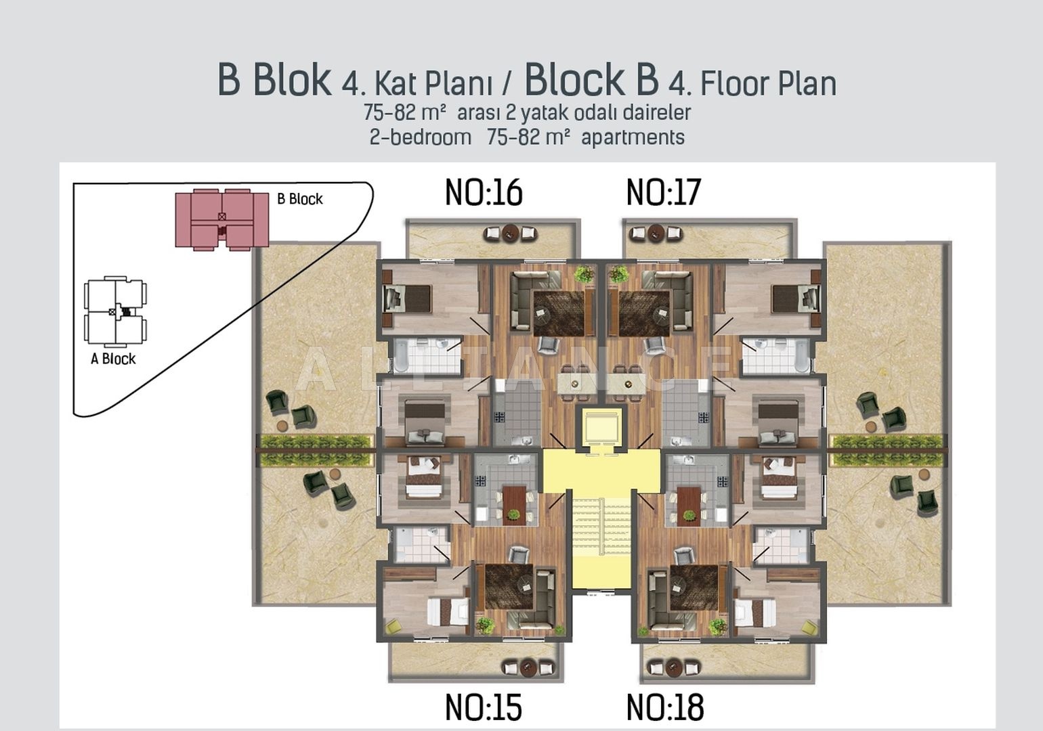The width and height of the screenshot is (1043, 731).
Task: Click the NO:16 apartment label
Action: (x=484, y=193)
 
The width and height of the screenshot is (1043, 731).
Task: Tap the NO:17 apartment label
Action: (x=664, y=193)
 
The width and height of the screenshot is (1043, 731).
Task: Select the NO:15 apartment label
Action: (x=484, y=707)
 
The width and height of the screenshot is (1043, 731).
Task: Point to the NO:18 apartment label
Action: (x=665, y=707)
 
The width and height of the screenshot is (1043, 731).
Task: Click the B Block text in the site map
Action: (x=300, y=199)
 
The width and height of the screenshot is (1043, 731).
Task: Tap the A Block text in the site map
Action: (x=113, y=359)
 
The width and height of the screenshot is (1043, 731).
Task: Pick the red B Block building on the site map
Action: (x=221, y=219)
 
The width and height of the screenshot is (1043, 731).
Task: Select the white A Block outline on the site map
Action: (x=115, y=311)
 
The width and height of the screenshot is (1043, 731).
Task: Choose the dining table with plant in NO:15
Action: (x=514, y=506)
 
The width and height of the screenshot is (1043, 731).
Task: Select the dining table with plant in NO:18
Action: (x=689, y=506)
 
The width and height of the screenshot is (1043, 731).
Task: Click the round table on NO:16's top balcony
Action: (x=511, y=233)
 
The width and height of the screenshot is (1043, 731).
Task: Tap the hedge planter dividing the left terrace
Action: (x=316, y=450)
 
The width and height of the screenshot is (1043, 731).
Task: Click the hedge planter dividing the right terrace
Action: (x=889, y=450)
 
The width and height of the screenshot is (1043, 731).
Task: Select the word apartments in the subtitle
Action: (x=633, y=137)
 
